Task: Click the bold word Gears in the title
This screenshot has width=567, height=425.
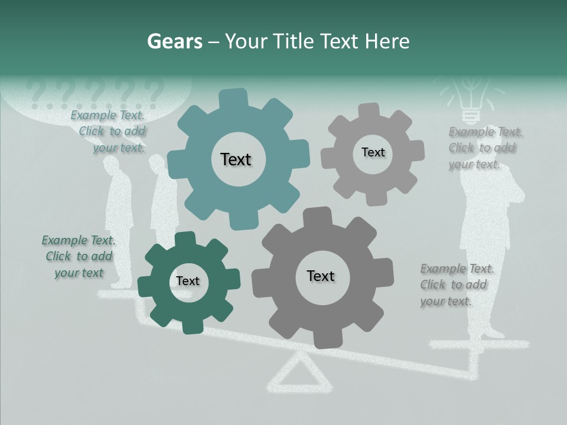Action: click(174, 41)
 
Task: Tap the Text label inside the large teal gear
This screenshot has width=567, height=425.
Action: click(236, 159)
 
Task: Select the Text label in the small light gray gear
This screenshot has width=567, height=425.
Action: click(373, 152)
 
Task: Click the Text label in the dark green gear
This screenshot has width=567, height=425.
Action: click(188, 281)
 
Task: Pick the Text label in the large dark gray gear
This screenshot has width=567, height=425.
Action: click(321, 276)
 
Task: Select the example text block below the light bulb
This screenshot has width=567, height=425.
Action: click(483, 148)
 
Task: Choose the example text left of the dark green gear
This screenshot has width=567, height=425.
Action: click(78, 256)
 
